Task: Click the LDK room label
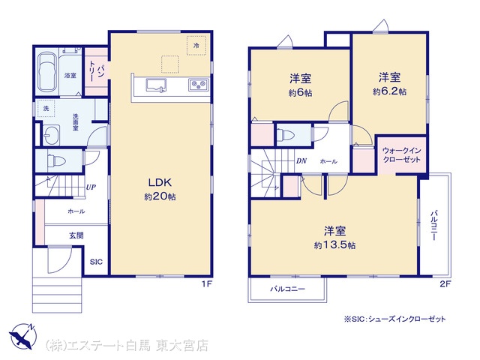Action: [x=160, y=183]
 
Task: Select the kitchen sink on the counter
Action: [x=156, y=85]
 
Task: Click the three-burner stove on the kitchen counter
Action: [x=199, y=84]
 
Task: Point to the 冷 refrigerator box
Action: [x=196, y=45]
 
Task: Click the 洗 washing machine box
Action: [x=46, y=108]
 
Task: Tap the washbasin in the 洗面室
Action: [x=51, y=135]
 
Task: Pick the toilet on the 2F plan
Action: [x=285, y=134]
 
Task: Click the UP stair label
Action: [x=91, y=187]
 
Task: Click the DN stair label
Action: [x=301, y=161]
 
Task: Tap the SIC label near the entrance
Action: [x=96, y=262]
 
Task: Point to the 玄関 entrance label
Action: [x=76, y=235]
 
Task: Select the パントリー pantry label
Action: [x=96, y=70]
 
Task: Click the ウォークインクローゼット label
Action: [x=402, y=155]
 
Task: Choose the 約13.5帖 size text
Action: [x=334, y=245]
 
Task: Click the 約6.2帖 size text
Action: [x=389, y=91]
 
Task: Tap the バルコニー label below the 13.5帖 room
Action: [x=287, y=289]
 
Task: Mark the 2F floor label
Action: [x=445, y=283]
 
